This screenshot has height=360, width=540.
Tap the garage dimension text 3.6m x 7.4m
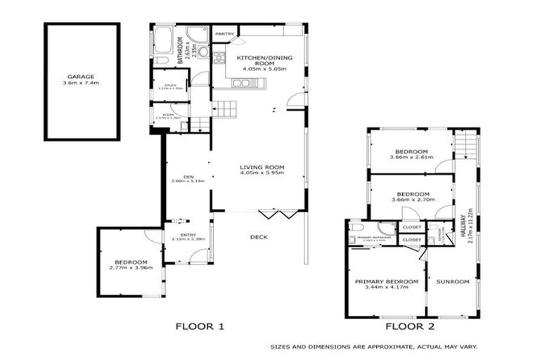pyautogui.click(x=82, y=83)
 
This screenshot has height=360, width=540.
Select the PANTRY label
pyautogui.click(x=224, y=33)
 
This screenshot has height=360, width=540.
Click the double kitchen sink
pyautogui.click(x=240, y=83)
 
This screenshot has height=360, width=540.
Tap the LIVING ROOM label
pyautogui.click(x=261, y=166)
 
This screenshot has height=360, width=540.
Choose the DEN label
pyautogui.click(x=188, y=176)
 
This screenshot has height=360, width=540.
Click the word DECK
pyautogui.click(x=259, y=237)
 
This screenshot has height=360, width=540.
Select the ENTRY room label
pyautogui.click(x=188, y=235)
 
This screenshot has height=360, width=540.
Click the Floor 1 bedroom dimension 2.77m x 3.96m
pyautogui.click(x=131, y=267)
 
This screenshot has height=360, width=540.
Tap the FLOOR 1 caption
pyautogui.click(x=200, y=326)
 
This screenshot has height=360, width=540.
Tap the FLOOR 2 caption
pyautogui.click(x=411, y=326)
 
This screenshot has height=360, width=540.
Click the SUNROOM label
pyautogui.click(x=452, y=281)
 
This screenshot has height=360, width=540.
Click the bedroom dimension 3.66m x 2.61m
pyautogui.click(x=411, y=158)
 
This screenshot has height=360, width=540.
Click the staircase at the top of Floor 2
pyautogui.click(x=464, y=146)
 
